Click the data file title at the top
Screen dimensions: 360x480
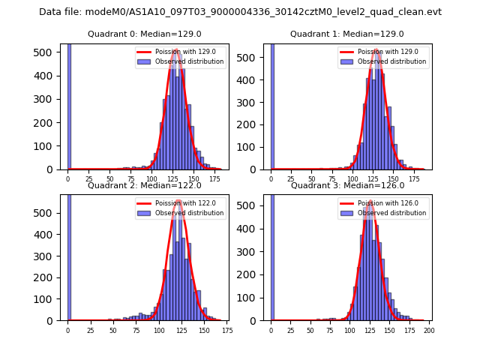pyautogui.click(x=240, y=12)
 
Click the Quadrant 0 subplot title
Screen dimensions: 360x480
pyautogui.click(x=145, y=34)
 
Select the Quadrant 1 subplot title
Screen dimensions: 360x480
pyautogui.click(x=346, y=34)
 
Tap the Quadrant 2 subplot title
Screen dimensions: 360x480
pyautogui.click(x=145, y=185)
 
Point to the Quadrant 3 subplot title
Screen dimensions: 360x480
pyautogui.click(x=347, y=185)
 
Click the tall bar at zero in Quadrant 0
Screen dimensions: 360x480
pyautogui.click(x=69, y=105)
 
